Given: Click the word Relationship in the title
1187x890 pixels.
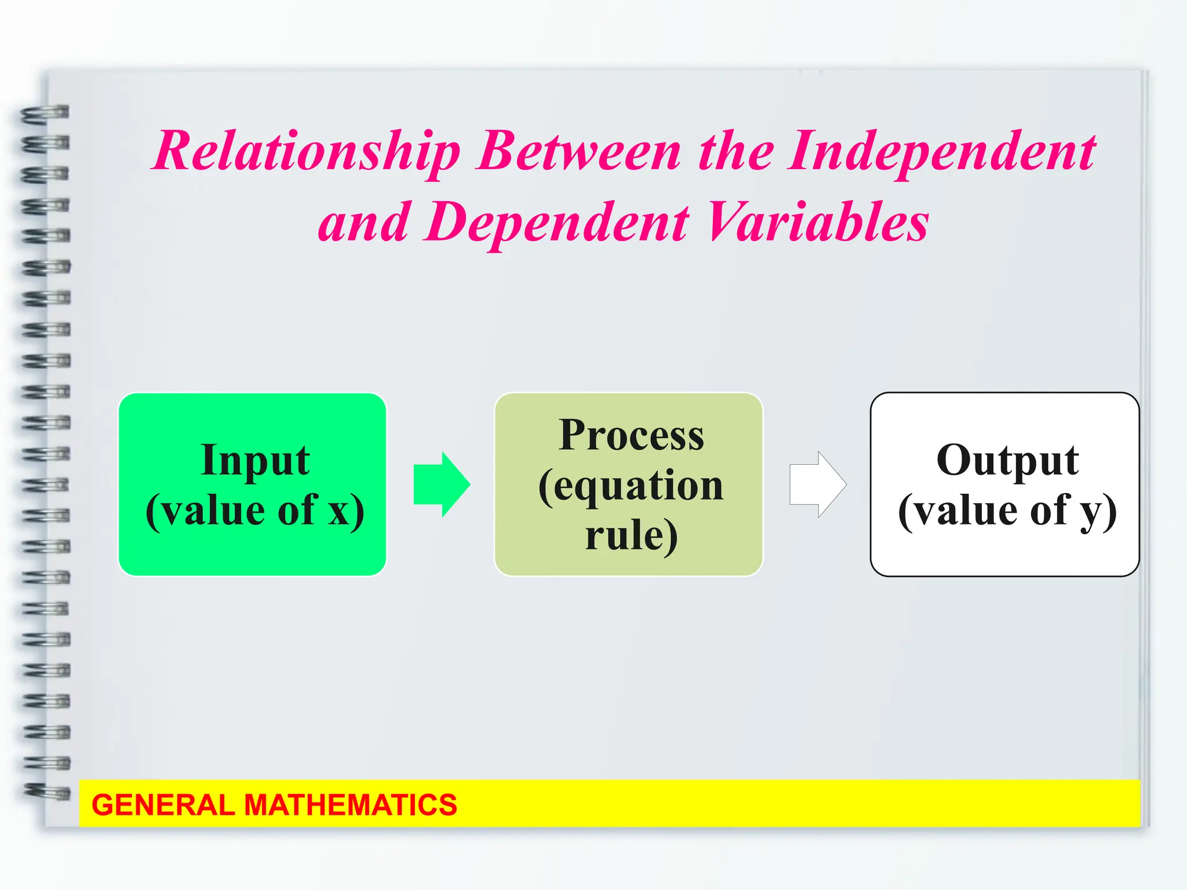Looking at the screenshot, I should pyautogui.click(x=307, y=152).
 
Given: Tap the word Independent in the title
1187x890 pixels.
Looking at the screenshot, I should pyautogui.click(x=941, y=152).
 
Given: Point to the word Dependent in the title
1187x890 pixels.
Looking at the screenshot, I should pyautogui.click(x=558, y=222).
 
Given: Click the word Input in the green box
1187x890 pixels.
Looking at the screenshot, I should pyautogui.click(x=255, y=461).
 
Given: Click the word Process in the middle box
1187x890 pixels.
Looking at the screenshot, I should pyautogui.click(x=631, y=436).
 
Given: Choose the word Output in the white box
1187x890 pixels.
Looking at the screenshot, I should pyautogui.click(x=1007, y=461).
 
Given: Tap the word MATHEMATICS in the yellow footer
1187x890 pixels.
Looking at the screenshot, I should pyautogui.click(x=350, y=805).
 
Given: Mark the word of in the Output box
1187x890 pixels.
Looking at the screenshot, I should pyautogui.click(x=1049, y=511).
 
